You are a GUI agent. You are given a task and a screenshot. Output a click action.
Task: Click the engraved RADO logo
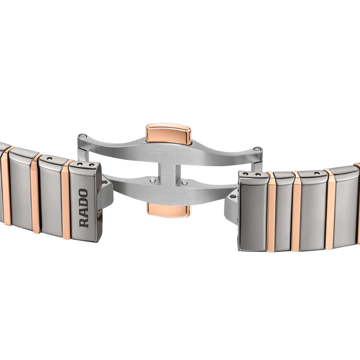pos(84,208)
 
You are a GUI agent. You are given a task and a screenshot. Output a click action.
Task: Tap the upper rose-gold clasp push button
pos(168,134)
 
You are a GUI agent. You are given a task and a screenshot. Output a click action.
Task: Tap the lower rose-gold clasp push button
pos(168,210)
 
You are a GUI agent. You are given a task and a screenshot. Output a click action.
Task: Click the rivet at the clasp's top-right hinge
pos(258,149)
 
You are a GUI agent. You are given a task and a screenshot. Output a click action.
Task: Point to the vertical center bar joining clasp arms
pos(167,174)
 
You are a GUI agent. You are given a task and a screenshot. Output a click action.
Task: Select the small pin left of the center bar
pos(152,179)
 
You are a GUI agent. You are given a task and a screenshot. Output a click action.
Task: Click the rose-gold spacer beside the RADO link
pos(66,199)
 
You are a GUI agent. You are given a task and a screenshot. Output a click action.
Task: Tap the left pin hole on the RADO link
pos(80,164)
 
